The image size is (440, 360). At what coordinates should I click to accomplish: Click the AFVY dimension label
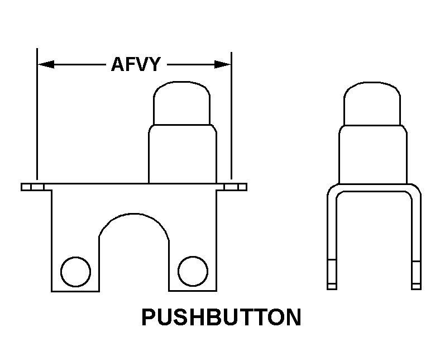136,64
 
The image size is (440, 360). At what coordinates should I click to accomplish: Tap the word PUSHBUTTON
222,317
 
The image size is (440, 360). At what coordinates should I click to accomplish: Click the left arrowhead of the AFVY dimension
46,64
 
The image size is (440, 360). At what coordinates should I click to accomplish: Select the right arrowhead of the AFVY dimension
223,64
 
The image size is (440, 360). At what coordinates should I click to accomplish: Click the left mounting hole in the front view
75,272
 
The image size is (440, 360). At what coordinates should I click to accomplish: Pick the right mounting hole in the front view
193,271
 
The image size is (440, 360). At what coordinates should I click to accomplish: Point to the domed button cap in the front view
182,103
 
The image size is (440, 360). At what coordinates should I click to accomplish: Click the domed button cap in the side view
372,103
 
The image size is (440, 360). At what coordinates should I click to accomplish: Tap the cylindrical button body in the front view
183,154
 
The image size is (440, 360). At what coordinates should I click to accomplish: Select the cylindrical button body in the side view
373,155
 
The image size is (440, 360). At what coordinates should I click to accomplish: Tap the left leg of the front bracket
75,253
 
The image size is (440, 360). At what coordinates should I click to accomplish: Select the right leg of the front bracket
193,253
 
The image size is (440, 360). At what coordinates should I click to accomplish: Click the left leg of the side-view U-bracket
332,239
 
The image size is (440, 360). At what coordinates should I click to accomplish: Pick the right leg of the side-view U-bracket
416,239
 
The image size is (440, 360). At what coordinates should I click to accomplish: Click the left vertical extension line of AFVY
37,114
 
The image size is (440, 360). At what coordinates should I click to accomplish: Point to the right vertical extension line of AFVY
232,116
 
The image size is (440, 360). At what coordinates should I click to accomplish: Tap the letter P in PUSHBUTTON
149,317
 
